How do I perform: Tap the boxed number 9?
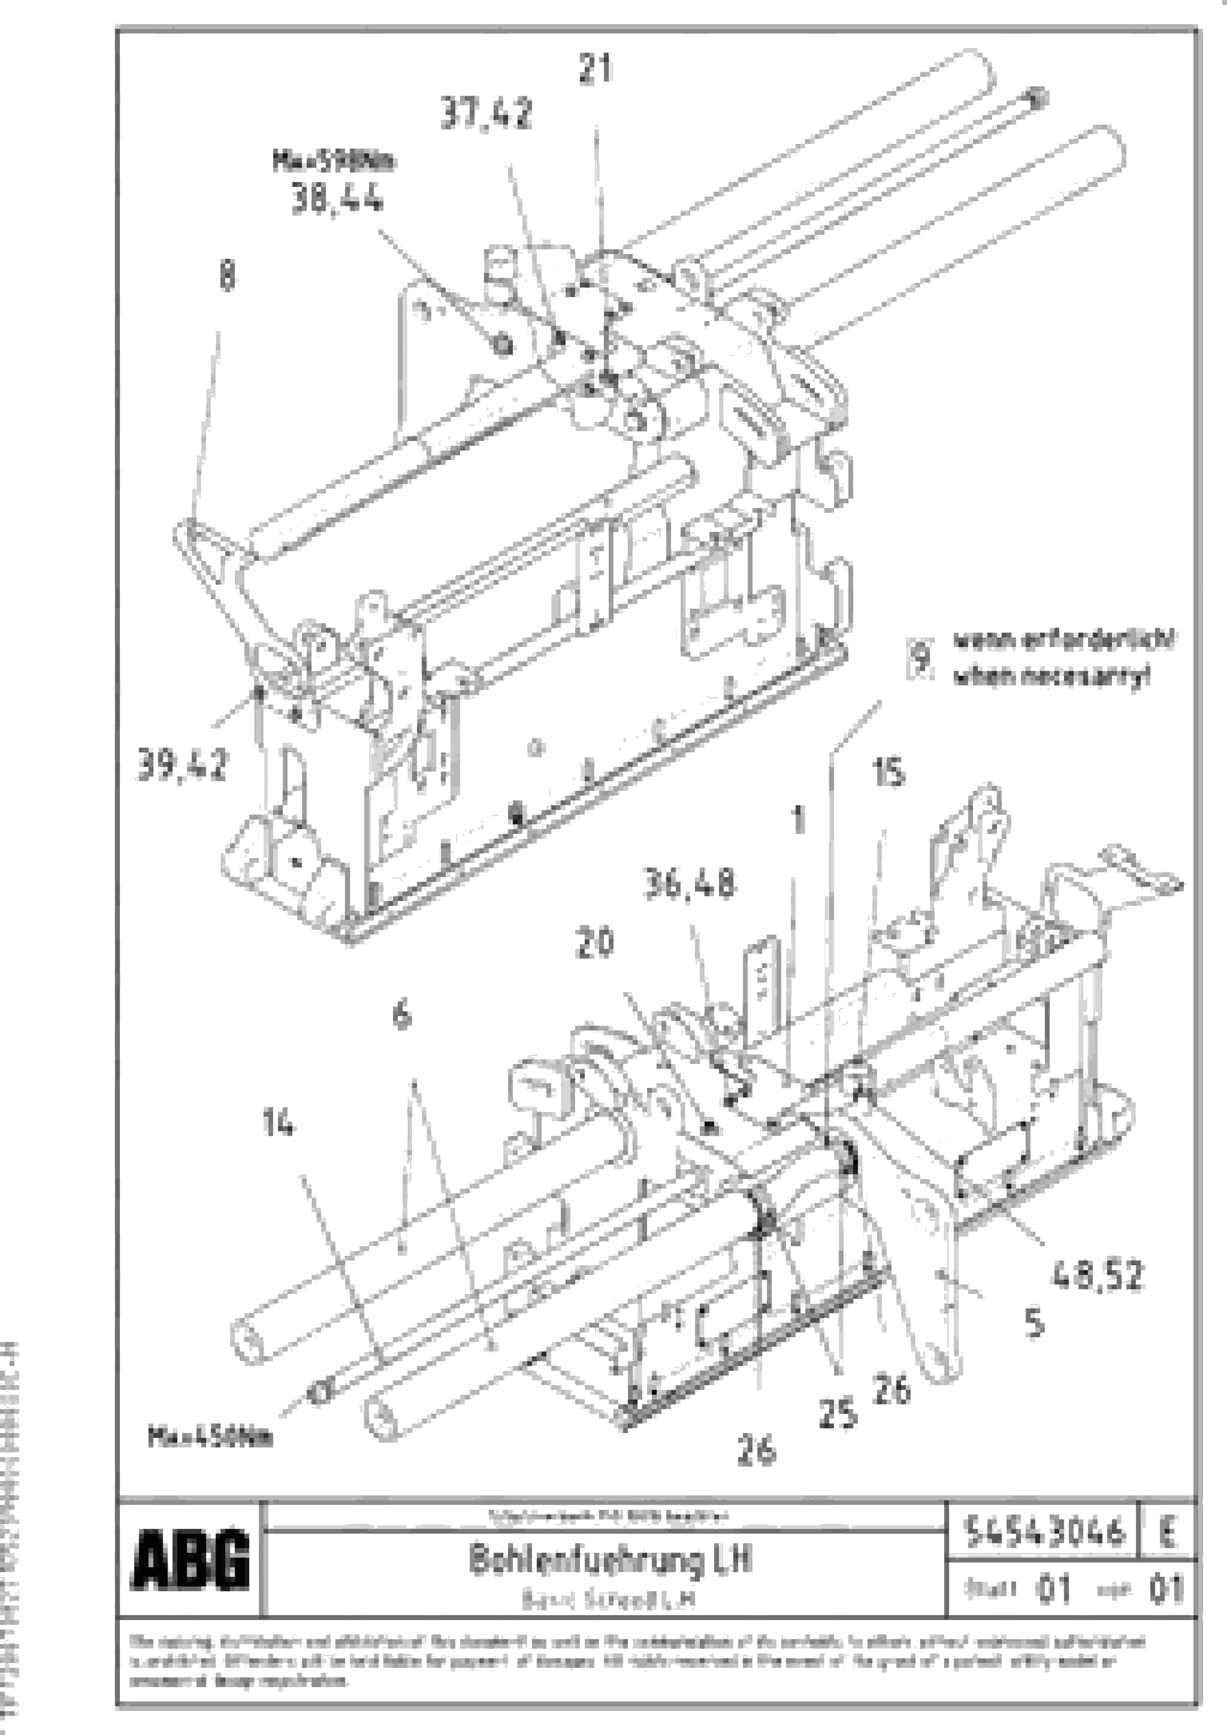(919, 658)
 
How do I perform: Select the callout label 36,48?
(689, 883)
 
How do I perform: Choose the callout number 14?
(278, 1124)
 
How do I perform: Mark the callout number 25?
(838, 1413)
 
